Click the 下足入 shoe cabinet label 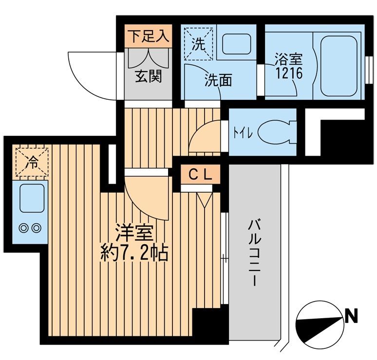149,37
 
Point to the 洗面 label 218,80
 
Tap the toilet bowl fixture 274,132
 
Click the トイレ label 243,133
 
